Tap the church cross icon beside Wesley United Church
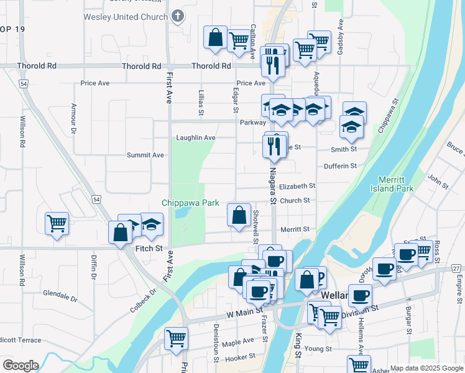178,15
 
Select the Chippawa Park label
185,203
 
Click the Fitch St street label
149,249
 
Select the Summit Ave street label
145,155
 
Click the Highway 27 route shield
457,268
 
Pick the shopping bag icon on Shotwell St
239,215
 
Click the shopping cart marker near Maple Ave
176,339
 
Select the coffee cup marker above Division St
360,295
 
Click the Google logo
21,365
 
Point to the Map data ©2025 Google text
426,368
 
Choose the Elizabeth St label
297,186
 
